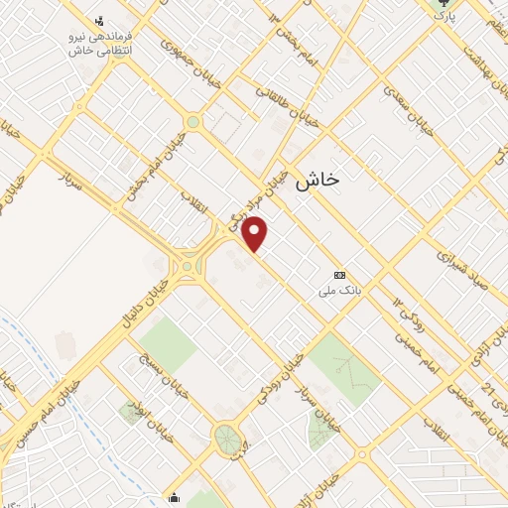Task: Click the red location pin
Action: point(256,233)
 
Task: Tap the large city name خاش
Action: point(318,178)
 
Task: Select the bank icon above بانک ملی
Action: point(340,275)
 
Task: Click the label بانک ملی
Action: point(336,291)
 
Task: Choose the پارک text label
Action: point(447,17)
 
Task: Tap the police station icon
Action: point(98,20)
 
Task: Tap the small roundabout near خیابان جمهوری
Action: point(192,122)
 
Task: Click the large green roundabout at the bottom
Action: point(227,437)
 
